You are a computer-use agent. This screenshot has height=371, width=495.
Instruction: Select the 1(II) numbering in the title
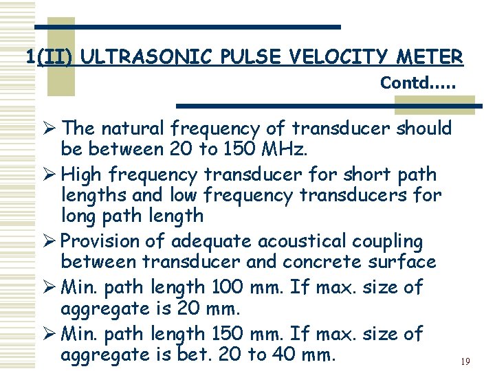pyautogui.click(x=50, y=56)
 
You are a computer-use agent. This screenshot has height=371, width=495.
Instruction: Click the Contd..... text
pyautogui.click(x=418, y=83)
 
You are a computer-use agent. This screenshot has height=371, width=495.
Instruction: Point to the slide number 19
pyautogui.click(x=465, y=361)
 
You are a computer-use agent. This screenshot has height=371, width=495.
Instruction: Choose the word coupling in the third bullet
pyautogui.click(x=388, y=242)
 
